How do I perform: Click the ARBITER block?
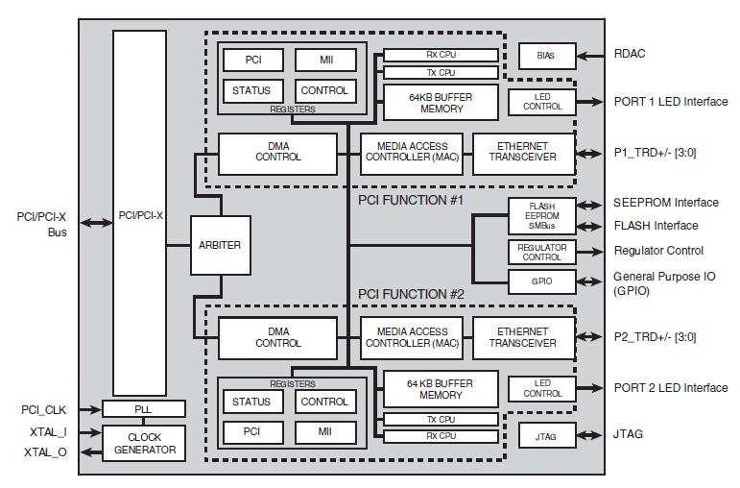coord(221,245)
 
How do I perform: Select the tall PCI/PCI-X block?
coord(139,215)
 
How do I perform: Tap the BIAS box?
coord(545,56)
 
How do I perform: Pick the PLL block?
coord(143,409)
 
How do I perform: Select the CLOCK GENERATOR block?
coord(143,443)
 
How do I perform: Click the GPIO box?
coord(541,281)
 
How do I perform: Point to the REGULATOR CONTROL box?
coord(541,252)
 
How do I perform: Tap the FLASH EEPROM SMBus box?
coord(541,215)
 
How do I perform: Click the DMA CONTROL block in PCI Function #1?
coord(278,152)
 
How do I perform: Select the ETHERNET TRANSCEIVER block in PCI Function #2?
coord(522,337)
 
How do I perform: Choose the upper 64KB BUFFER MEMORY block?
coord(441,102)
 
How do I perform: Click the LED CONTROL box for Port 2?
coord(542,388)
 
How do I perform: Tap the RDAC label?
coord(630,54)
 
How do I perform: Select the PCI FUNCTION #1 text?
coord(411,200)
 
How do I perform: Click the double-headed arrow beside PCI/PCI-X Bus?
coord(93,223)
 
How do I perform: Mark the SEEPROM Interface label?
coord(665,203)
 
